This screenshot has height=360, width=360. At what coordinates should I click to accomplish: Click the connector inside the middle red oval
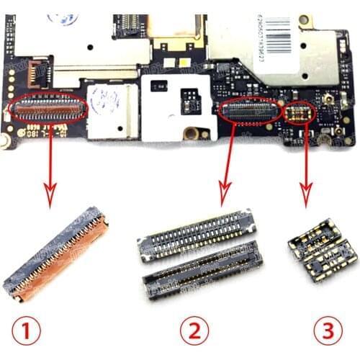tap(249, 110)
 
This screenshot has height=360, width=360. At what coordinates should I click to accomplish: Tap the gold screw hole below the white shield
tap(191, 133)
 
